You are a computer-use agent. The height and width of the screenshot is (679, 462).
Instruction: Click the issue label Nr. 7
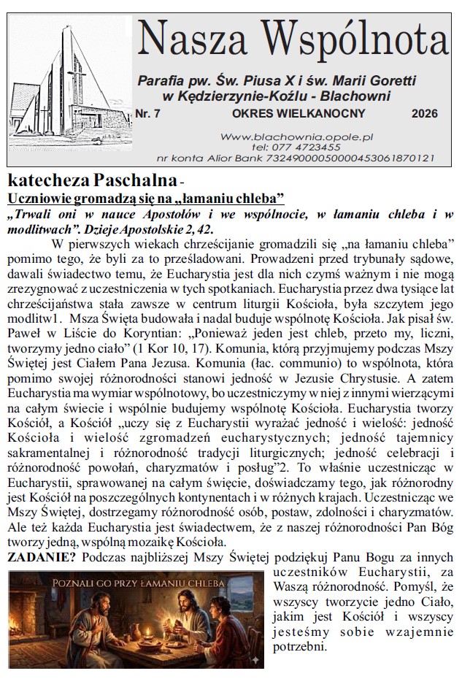coord(150,113)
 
